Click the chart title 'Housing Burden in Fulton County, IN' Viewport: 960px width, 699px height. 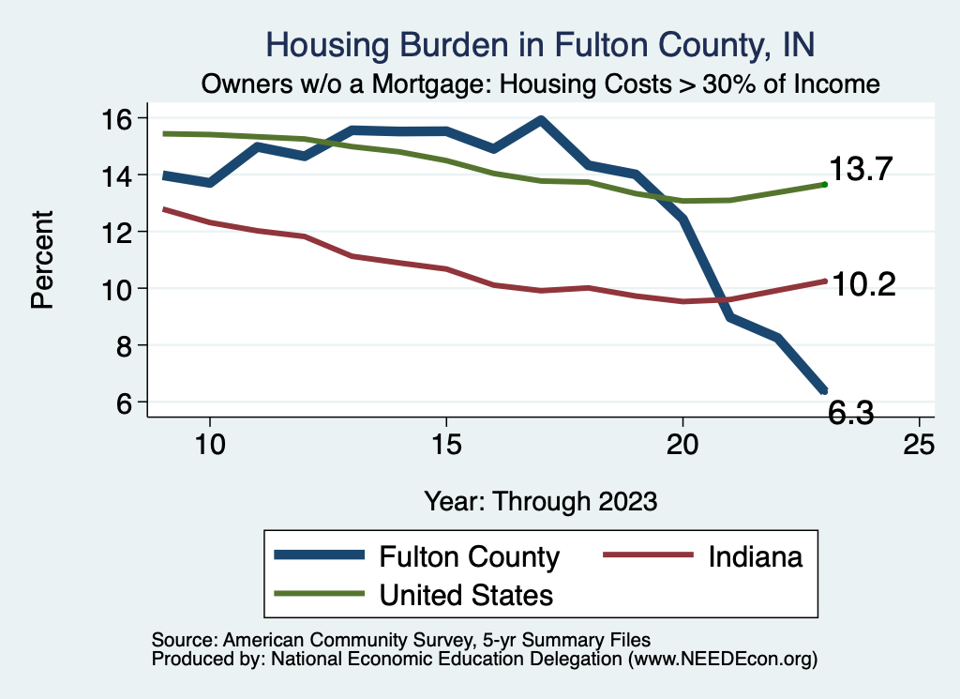click(541, 44)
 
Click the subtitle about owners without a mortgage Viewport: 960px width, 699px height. click(541, 84)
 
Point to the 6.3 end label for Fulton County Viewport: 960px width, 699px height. click(850, 412)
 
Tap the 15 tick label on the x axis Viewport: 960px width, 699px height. click(446, 445)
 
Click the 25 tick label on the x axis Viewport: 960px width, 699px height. click(919, 445)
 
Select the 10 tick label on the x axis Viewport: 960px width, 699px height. click(209, 445)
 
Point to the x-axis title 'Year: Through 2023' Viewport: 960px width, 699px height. click(541, 500)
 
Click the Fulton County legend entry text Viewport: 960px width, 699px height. click(469, 556)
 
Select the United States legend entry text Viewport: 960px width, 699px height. click(466, 594)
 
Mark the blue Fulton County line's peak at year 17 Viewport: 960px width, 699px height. click(541, 120)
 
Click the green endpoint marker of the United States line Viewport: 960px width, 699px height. click(824, 185)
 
